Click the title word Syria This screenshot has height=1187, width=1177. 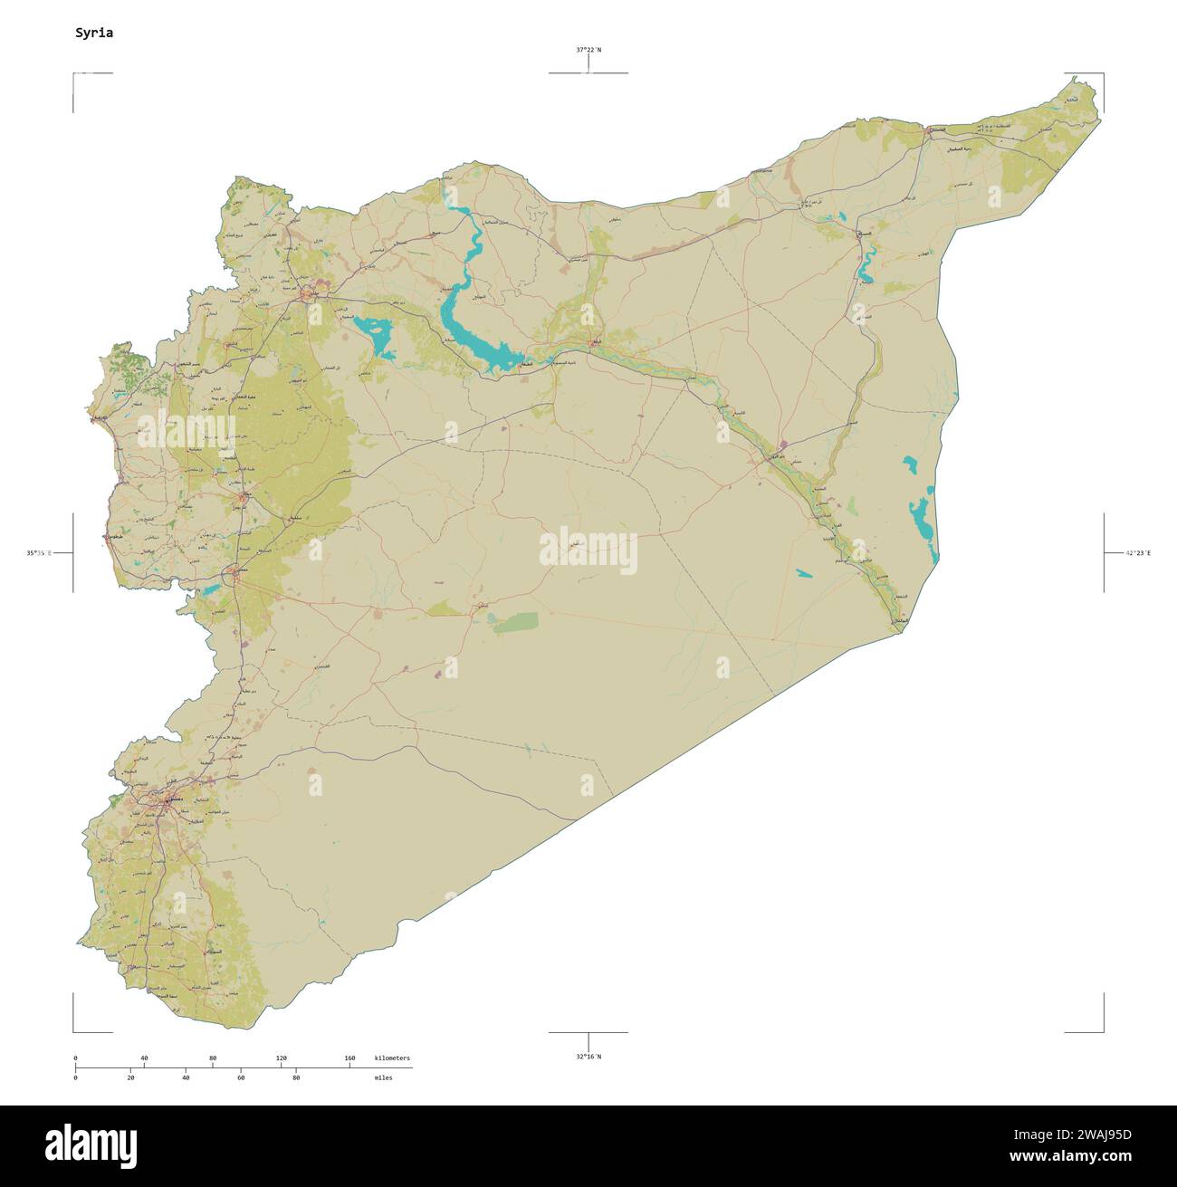coord(94,33)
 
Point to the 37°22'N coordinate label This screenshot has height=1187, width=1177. coord(588,51)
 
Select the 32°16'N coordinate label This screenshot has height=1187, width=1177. coord(588,1056)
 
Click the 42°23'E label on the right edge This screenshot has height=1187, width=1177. coord(1137,552)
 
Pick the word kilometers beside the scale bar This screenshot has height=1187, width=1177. coord(392,1058)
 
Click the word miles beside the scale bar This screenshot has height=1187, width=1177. coord(383,1077)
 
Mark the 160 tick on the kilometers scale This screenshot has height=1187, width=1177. coord(349,1058)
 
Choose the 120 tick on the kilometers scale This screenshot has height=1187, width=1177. coord(281,1058)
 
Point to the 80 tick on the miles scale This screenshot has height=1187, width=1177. coord(296,1077)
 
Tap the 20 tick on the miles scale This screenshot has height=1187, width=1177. coord(130,1077)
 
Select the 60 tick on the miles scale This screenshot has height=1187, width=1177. coord(241,1077)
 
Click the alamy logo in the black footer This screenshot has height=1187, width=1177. coord(91,1145)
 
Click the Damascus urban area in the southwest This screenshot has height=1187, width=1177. coord(167,800)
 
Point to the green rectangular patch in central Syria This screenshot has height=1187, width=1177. coord(514,621)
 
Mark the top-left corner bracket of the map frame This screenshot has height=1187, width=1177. coord(75,75)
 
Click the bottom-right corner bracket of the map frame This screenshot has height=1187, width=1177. coord(1101,1029)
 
